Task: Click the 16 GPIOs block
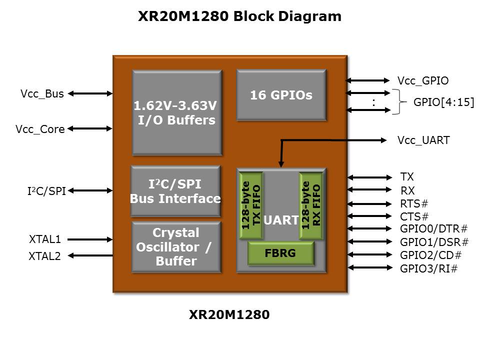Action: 281,95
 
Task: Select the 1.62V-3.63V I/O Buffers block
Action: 177,112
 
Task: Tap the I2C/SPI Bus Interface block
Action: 175,191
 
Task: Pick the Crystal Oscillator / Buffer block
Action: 176,247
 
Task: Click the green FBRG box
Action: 280,253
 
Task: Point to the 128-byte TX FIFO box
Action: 251,205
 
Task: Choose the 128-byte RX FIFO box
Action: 311,205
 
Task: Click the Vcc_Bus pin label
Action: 42,93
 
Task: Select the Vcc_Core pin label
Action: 40,129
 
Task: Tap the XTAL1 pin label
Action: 45,239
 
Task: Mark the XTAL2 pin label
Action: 44,256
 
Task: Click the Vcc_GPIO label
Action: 422,80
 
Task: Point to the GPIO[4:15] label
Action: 444,102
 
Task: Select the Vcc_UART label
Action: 423,140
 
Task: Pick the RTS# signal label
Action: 414,204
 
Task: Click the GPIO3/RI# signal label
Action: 429,269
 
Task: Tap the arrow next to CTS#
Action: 370,216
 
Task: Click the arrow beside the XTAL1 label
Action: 90,239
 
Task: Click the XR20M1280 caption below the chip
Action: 229,315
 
